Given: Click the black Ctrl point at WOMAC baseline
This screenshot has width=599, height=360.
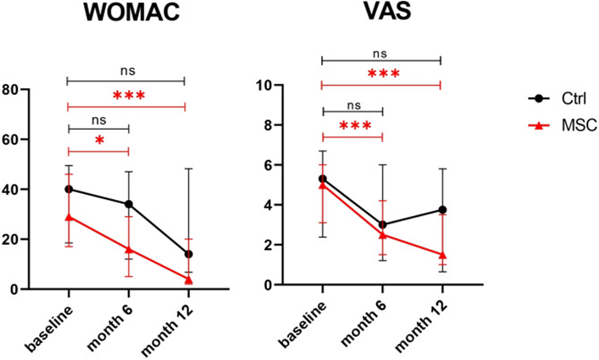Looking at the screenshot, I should pos(69,189).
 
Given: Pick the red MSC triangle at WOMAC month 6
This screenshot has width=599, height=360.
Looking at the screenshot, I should pos(128,249).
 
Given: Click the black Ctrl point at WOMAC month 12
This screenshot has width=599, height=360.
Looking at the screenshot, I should pos(188,254).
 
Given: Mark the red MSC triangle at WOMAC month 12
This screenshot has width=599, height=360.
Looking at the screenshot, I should pos(188,280).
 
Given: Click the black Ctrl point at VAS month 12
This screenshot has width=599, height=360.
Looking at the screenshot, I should pos(441,209).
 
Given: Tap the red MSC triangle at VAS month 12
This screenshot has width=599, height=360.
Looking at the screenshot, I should pos(441,255).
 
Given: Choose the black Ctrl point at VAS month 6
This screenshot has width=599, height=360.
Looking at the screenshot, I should pos(382,224).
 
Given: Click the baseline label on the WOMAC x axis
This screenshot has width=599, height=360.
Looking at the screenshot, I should pos(53,322).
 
